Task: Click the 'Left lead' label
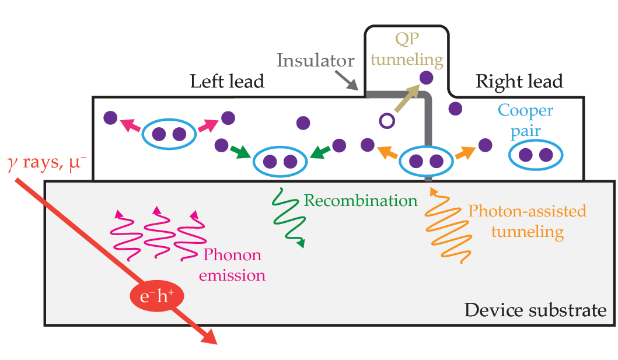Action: [x=227, y=82]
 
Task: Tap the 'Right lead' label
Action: [x=519, y=82]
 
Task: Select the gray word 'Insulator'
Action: [x=315, y=60]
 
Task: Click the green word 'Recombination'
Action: [x=361, y=201]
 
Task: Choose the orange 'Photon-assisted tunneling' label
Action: [x=527, y=221]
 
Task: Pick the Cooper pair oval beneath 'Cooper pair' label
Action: [x=535, y=155]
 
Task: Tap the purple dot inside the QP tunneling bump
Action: [x=427, y=76]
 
